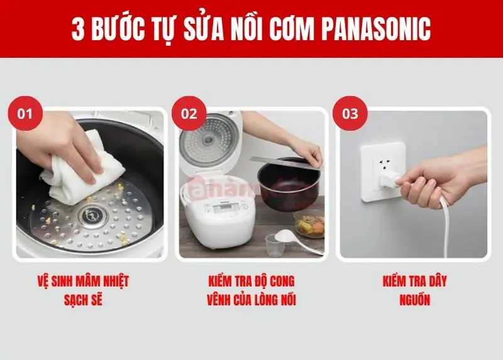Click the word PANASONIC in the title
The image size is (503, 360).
coord(375,29)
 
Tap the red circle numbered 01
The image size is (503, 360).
coord(25,114)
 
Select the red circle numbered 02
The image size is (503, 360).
coord(189,114)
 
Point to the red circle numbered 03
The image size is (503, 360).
coord(350,114)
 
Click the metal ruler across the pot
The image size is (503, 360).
coord(287,162)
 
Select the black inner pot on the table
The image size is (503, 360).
coord(289,184)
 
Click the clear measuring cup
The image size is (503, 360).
coord(275,245)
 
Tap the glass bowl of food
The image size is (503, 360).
coord(309,224)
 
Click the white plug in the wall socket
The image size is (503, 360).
coord(390,180)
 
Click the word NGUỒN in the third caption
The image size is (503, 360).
coord(414,300)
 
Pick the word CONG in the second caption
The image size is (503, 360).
coord(282,281)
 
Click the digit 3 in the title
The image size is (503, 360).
coord(78,29)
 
